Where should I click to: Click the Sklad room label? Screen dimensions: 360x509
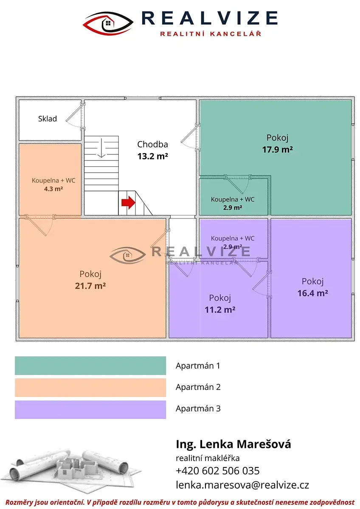click(47, 119)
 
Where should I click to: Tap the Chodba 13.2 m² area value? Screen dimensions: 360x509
click(152, 157)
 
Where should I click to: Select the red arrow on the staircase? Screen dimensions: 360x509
click(129, 202)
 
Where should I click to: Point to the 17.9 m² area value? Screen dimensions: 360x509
click(278, 149)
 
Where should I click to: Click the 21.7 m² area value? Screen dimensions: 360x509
click(90, 285)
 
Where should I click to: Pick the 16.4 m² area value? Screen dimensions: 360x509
click(313, 293)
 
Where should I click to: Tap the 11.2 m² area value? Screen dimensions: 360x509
click(220, 310)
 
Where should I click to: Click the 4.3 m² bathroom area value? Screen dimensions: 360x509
click(53, 189)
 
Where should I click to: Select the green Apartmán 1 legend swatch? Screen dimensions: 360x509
click(90, 365)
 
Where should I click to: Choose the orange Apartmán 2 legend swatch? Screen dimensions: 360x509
click(90, 387)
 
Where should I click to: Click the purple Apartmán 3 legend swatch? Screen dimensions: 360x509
click(90, 409)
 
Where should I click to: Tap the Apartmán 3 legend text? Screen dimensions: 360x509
click(198, 408)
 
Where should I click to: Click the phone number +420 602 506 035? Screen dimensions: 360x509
click(218, 471)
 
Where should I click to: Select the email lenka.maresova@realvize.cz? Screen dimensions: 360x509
click(242, 485)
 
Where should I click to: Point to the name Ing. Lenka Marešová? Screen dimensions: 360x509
click(233, 444)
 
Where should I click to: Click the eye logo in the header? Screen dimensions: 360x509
click(108, 23)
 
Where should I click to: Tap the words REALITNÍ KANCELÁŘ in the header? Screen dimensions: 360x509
click(211, 34)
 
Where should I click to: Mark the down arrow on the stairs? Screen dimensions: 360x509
click(101, 148)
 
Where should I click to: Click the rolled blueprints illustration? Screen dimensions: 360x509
click(70, 473)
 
